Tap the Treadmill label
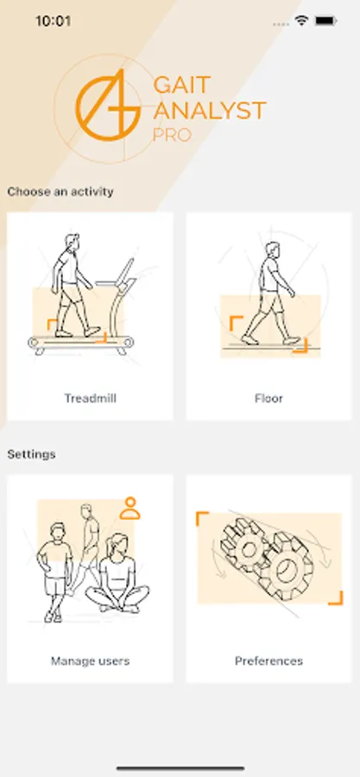90,398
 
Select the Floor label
268,398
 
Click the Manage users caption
90,660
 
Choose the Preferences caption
268,660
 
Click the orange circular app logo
108,105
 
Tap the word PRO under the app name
172,135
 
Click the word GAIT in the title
182,85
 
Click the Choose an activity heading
60,192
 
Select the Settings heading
31,454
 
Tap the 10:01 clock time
53,21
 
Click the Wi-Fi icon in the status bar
301,21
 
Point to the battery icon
326,21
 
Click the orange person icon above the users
129,508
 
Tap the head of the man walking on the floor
272,250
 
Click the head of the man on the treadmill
73,243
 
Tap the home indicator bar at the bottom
180,768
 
